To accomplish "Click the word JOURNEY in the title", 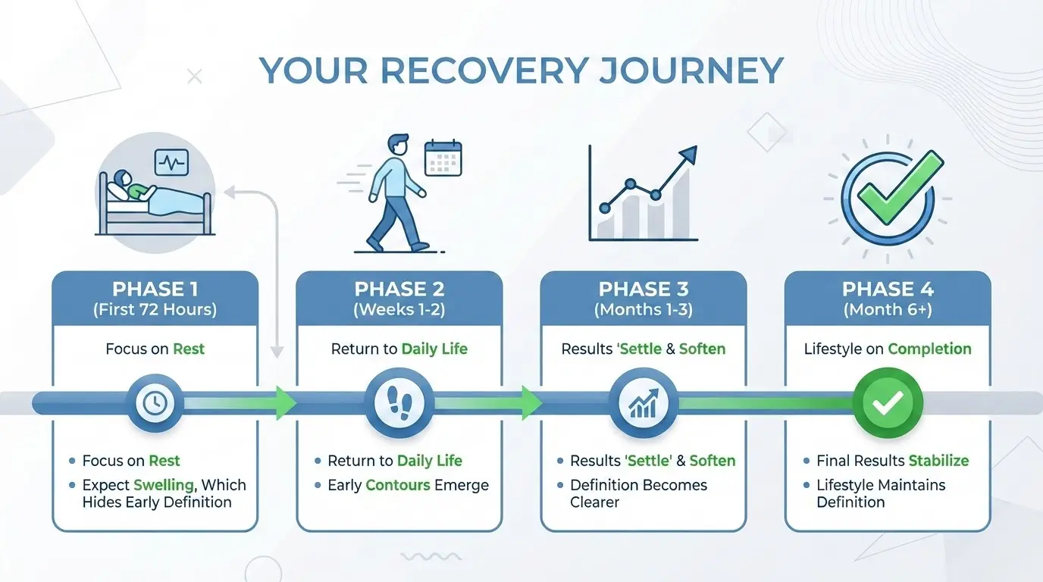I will (691, 71).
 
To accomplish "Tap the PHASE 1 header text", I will (155, 289).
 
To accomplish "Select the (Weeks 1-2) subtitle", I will (399, 309).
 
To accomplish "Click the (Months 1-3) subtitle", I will (643, 309).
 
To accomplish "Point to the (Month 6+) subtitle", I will (887, 309).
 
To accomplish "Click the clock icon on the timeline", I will (155, 403).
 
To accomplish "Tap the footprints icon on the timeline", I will (399, 403).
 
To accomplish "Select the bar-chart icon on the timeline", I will (643, 403).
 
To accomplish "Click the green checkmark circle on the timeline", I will (888, 403).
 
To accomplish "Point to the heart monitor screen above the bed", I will (171, 162).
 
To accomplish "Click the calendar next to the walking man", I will (443, 158).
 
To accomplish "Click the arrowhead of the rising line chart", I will (688, 155).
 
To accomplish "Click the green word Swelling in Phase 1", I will (161, 485).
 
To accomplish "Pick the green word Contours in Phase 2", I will (398, 485).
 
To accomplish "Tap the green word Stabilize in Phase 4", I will (938, 461).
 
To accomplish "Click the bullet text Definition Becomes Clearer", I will (638, 493).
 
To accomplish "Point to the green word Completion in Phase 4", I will (929, 349).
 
